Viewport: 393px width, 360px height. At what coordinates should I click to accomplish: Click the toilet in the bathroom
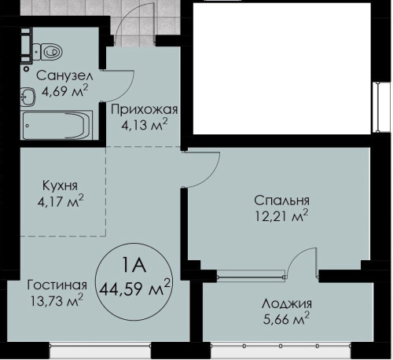tap(49, 52)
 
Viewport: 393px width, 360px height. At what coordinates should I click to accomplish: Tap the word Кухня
tap(60, 188)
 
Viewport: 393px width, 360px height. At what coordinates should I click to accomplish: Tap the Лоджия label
tap(286, 303)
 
